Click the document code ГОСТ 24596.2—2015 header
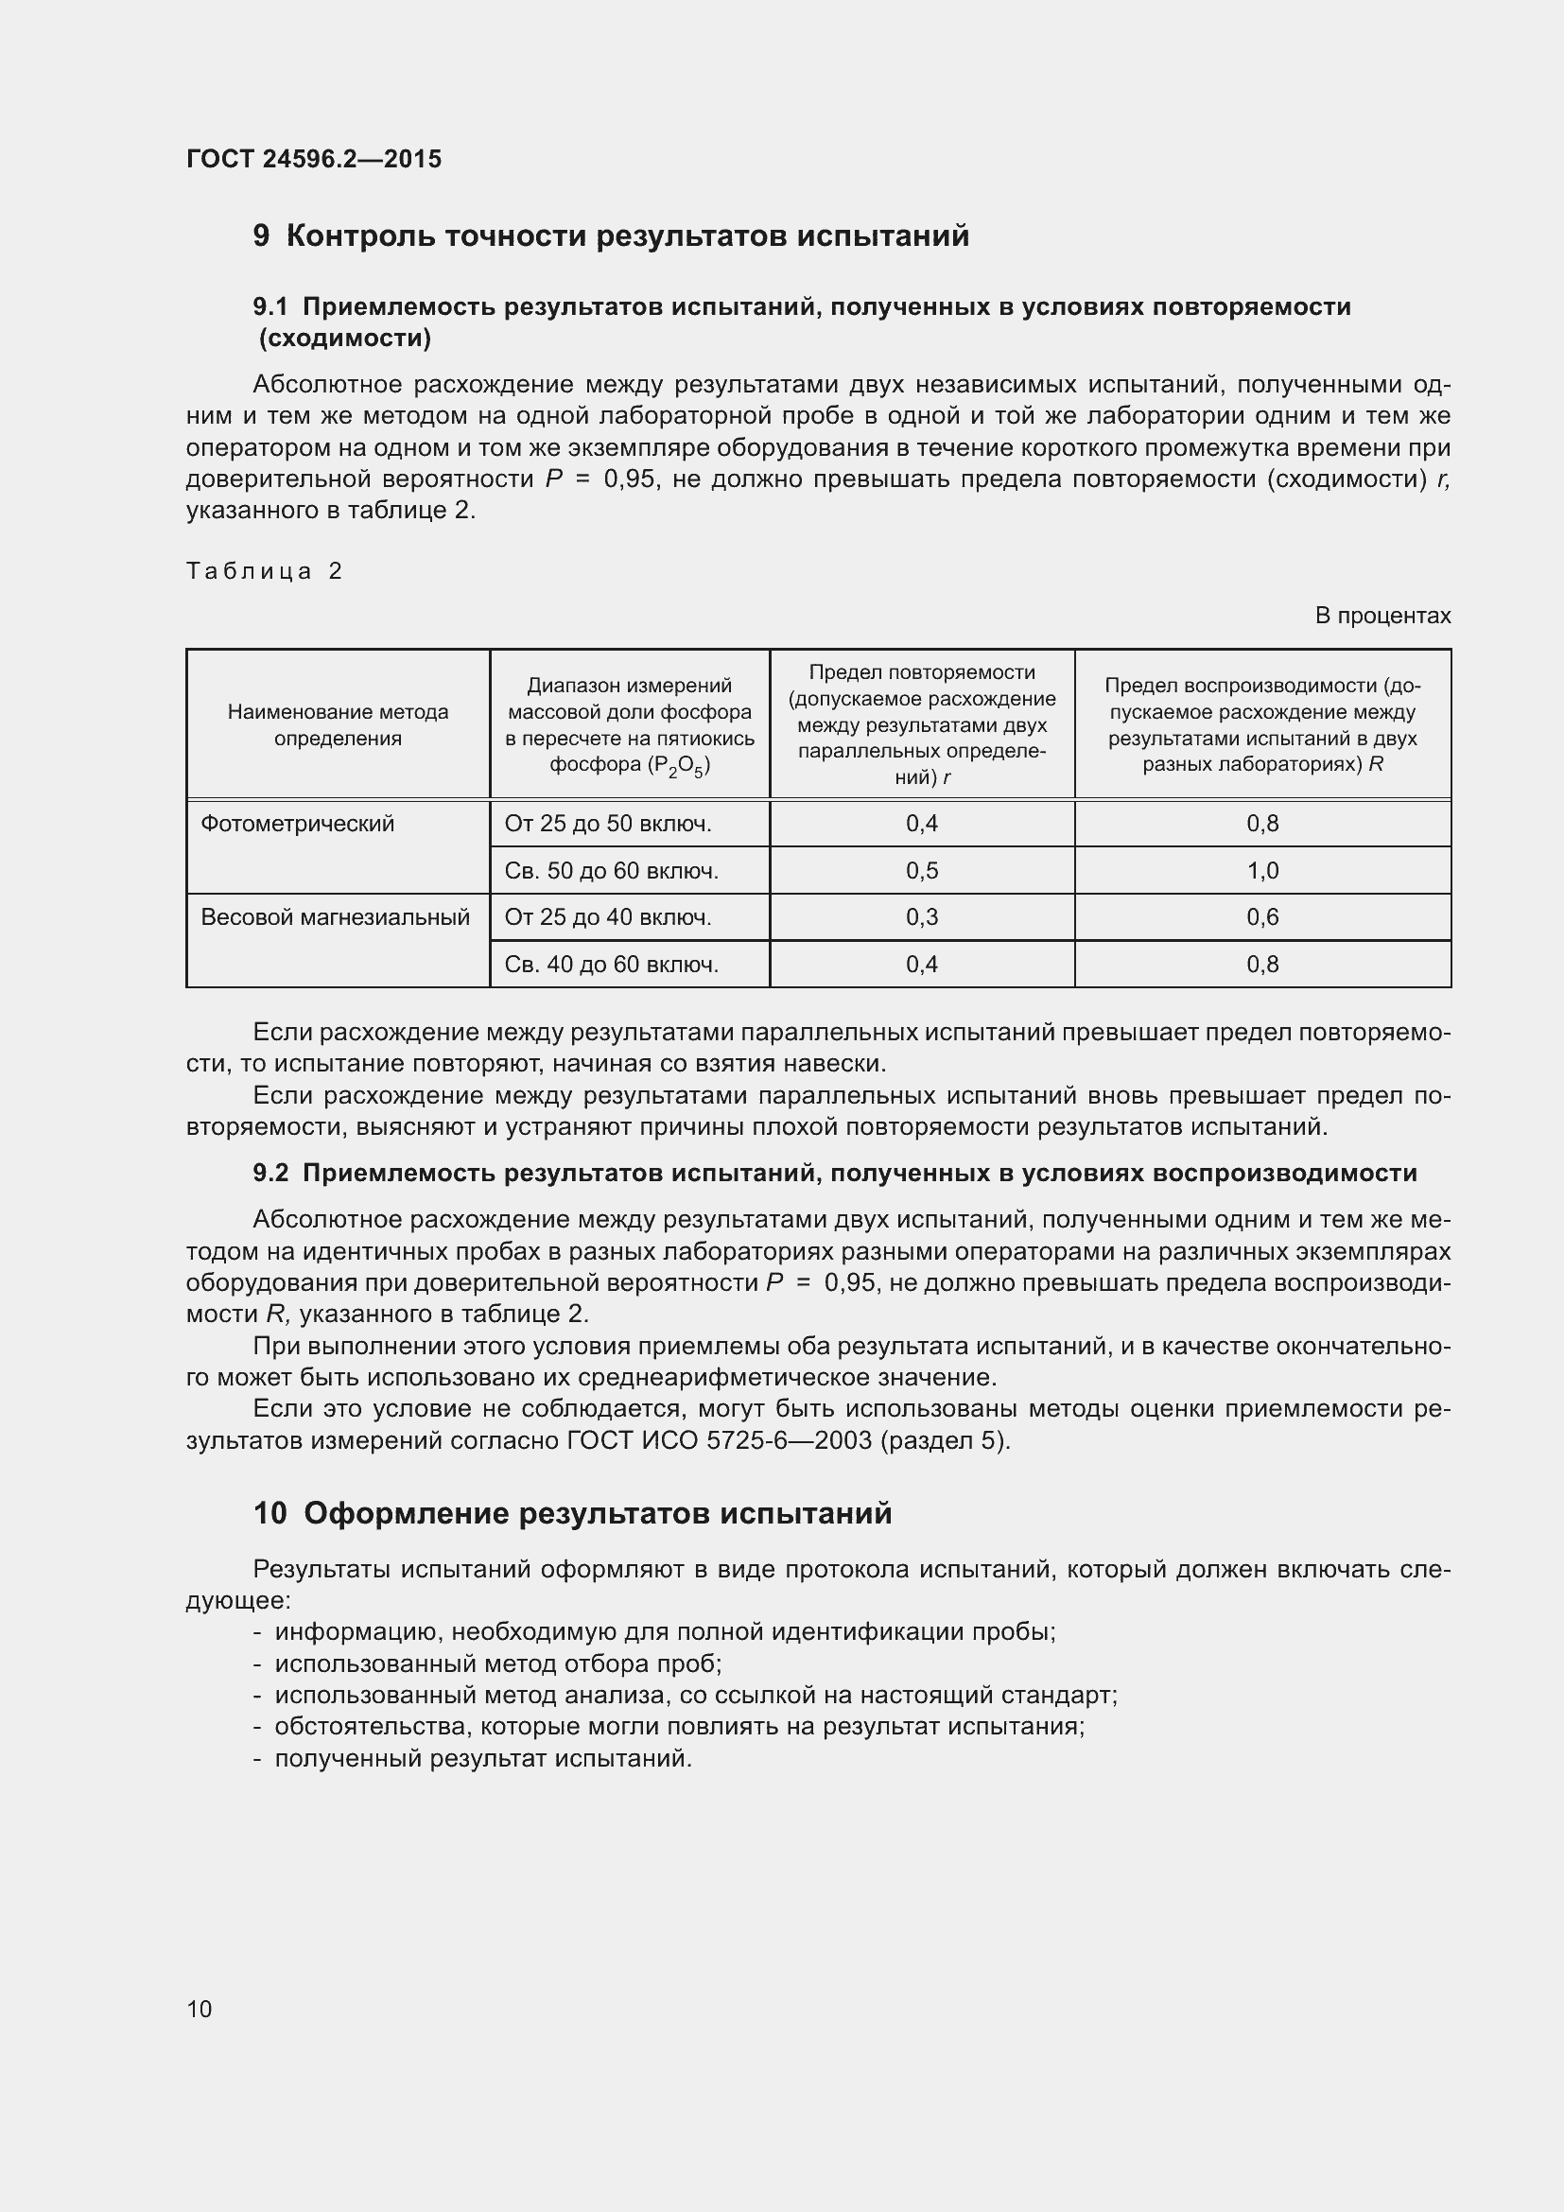(314, 159)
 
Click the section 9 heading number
(261, 236)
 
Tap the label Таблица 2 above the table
(264, 571)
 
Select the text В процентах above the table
(1382, 616)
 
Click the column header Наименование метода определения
(338, 724)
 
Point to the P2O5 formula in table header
(680, 766)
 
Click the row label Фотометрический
(298, 824)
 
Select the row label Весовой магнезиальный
(335, 917)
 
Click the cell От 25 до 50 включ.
(608, 824)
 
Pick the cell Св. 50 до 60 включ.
(612, 871)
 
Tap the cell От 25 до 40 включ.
(608, 917)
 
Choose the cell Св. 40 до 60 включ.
(612, 965)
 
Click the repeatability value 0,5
(922, 871)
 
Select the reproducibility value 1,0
(1262, 871)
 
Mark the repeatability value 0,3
(922, 917)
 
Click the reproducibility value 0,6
(1262, 917)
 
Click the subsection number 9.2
(270, 1174)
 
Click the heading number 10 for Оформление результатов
(270, 1513)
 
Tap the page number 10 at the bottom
(200, 2009)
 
